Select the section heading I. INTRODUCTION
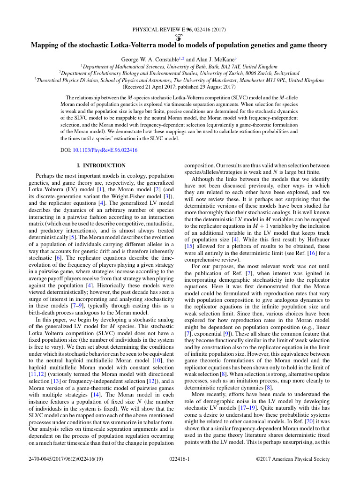101,165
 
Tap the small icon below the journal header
180,37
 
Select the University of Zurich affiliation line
179,74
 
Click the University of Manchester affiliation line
179,80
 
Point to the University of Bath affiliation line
179,67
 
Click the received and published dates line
179,87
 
